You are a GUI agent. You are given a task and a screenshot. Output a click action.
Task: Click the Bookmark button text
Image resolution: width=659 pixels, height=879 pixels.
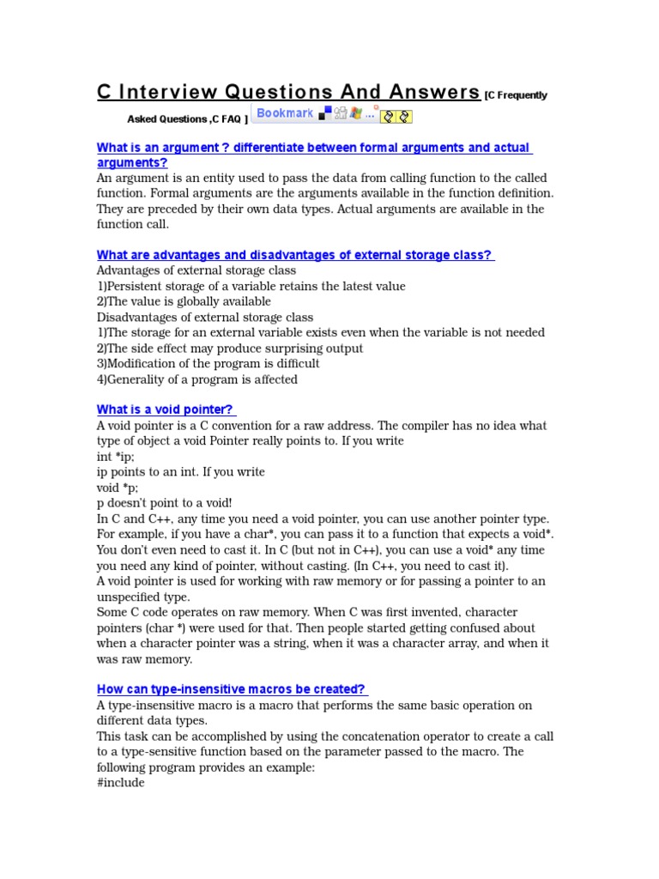(x=285, y=113)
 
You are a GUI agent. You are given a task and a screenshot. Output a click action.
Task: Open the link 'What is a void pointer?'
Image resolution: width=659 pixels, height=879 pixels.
(x=165, y=409)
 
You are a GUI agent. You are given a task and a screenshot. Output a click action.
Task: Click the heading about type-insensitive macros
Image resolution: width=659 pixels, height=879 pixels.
(x=232, y=689)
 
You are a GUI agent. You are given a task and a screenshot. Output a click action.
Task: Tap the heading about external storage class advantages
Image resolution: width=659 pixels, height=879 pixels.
(x=294, y=255)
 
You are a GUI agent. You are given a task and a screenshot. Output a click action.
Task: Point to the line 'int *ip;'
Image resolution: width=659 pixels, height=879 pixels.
(x=116, y=457)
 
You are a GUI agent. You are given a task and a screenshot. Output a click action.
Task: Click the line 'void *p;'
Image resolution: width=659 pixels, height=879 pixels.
(x=118, y=488)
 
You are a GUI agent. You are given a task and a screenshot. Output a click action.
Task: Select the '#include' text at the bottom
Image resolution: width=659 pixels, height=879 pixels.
(x=121, y=783)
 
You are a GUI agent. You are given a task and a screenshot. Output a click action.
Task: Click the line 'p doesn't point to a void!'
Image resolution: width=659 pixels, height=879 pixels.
(x=165, y=503)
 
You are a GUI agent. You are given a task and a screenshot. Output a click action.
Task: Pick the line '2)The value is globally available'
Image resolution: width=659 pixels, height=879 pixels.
(x=184, y=301)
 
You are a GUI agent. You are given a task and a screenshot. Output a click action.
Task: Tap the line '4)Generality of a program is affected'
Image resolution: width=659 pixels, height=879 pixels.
(x=197, y=379)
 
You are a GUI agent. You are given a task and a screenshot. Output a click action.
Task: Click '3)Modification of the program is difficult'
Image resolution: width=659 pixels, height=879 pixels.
(x=209, y=364)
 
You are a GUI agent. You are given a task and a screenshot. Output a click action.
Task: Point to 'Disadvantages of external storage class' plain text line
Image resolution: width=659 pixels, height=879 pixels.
(x=205, y=317)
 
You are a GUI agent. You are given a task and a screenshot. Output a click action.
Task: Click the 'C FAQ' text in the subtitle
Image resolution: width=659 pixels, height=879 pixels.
(x=227, y=119)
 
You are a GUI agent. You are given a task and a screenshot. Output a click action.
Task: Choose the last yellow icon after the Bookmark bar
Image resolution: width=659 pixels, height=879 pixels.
(x=404, y=115)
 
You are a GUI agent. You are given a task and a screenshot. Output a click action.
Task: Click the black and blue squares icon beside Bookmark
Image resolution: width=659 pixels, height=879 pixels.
(x=325, y=113)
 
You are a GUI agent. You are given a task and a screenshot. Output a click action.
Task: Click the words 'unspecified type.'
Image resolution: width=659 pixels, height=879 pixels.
(x=143, y=597)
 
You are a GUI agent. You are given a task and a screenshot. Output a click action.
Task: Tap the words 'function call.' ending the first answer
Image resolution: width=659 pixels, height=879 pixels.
(x=133, y=224)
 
